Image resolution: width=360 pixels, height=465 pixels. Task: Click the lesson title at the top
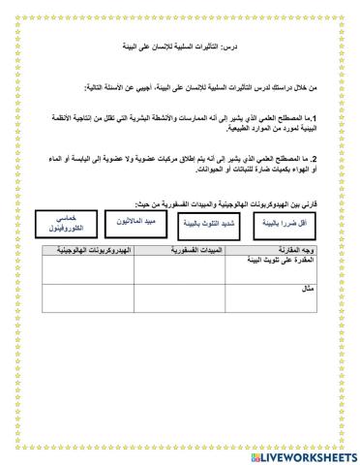[x=181, y=47]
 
